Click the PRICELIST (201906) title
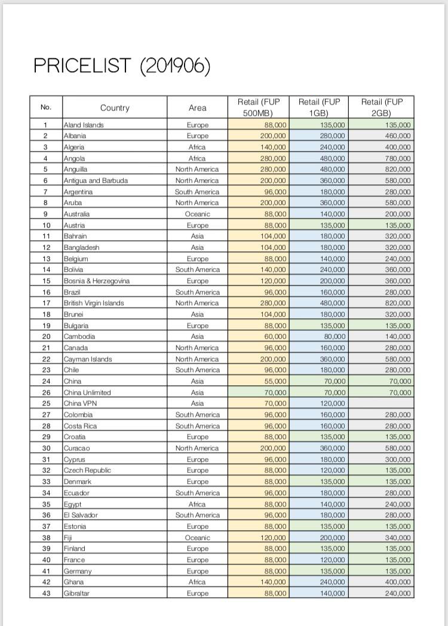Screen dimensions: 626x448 click(x=122, y=66)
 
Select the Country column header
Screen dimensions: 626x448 click(x=115, y=108)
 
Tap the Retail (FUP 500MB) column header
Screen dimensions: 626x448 click(x=258, y=108)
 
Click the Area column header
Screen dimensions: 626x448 click(x=197, y=108)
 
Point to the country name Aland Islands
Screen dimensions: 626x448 click(x=84, y=125)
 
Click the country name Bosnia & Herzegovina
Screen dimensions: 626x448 click(x=97, y=281)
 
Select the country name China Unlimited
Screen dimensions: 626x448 click(x=87, y=392)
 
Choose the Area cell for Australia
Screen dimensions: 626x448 click(x=197, y=214)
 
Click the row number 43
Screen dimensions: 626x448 click(x=46, y=593)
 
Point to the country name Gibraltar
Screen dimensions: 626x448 click(x=77, y=593)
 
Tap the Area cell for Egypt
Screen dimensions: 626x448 click(x=197, y=504)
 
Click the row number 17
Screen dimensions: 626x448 click(x=46, y=303)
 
